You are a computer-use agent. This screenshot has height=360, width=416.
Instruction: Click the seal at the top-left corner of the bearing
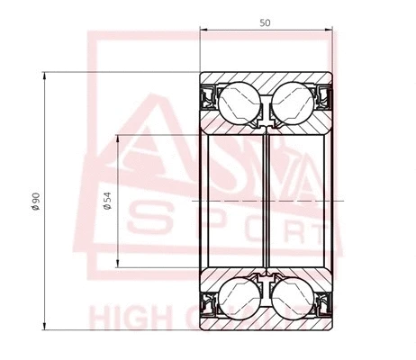[206, 94]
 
